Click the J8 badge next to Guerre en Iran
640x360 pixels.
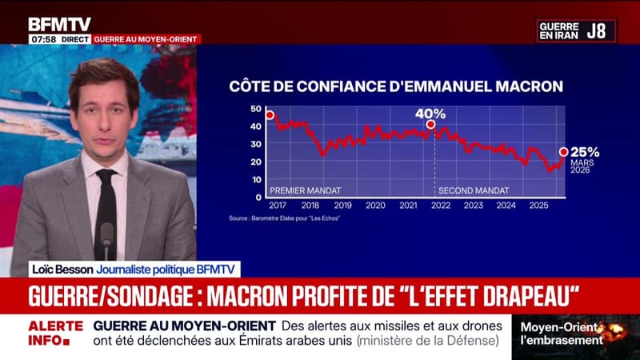(597, 31)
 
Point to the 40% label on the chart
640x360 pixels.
(430, 114)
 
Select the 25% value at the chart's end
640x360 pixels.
(584, 150)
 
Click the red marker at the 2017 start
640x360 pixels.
(270, 115)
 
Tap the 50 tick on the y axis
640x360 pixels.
(256, 109)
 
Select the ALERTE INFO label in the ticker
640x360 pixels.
(56, 334)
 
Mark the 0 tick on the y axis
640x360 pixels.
(258, 197)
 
